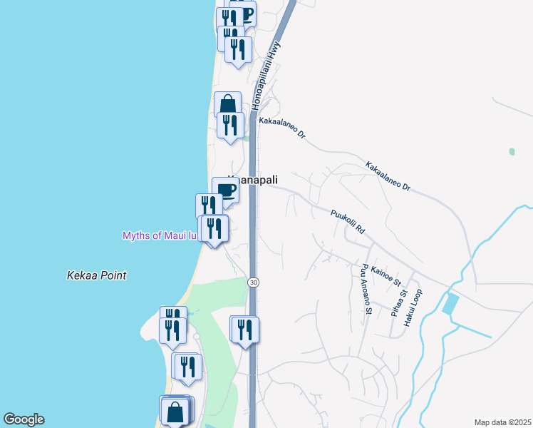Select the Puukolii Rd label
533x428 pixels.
point(348,222)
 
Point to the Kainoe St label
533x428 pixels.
point(387,272)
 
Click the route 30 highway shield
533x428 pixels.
point(253,282)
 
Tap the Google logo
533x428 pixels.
point(24,419)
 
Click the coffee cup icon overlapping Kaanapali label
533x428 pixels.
point(226,190)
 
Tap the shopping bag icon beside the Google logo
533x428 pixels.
point(175,411)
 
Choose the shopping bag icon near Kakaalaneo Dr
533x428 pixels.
point(227,105)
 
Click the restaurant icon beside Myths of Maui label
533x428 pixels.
point(214,228)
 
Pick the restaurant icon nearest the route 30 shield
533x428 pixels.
point(245,329)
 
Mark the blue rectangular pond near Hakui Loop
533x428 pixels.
point(450,304)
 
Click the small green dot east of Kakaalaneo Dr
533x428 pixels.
point(512,152)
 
